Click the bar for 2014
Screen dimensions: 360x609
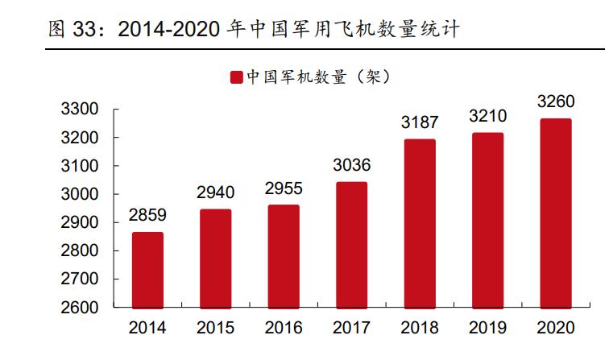tap(147, 270)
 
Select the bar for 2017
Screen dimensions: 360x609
tap(351, 245)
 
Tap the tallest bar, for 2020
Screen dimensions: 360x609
tap(555, 213)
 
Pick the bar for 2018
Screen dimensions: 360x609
tap(419, 224)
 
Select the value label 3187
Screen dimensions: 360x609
tap(419, 123)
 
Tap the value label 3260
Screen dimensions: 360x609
tap(555, 102)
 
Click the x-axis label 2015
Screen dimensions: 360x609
tap(215, 329)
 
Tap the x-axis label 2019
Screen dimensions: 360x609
tap(487, 329)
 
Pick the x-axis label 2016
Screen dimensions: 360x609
tap(284, 329)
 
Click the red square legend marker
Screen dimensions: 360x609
tap(236, 77)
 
